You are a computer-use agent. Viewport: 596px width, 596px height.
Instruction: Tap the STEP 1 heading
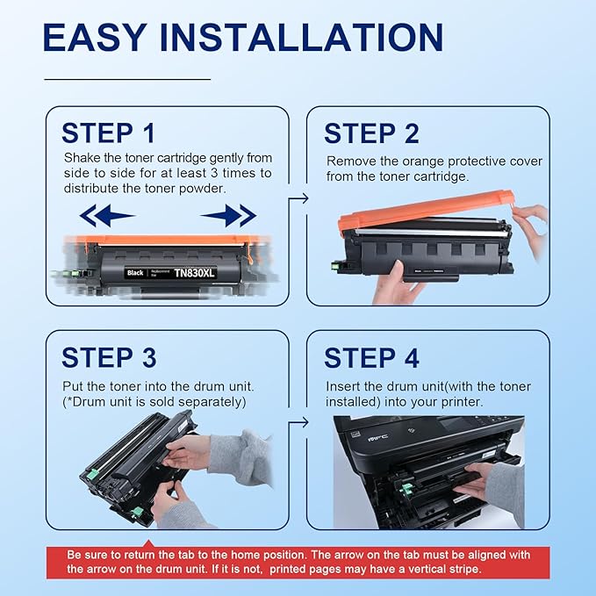(x=108, y=133)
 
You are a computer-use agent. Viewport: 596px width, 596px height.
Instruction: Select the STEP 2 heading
(x=371, y=133)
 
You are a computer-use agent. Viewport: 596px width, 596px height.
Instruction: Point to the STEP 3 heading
(x=109, y=357)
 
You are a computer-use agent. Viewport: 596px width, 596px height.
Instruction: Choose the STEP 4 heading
(x=371, y=357)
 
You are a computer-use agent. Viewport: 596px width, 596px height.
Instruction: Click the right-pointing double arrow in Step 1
(x=228, y=215)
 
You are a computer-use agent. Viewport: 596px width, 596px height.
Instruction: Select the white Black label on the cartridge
(x=135, y=273)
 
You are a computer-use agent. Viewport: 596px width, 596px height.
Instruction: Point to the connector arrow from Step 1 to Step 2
(x=299, y=198)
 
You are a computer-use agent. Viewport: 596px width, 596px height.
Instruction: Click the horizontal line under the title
(x=127, y=79)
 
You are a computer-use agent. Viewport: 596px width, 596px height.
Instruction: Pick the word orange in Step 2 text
(x=433, y=162)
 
